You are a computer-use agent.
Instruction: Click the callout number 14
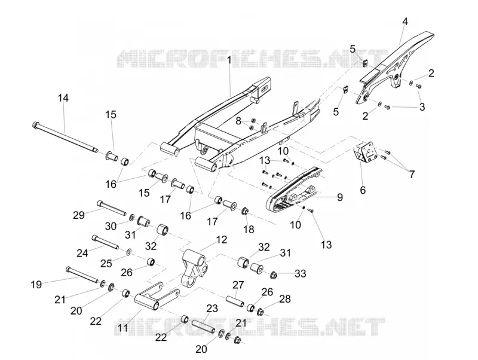[x=63, y=98]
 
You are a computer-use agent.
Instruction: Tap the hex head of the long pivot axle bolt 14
[x=35, y=125]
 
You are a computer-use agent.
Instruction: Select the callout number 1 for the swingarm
[x=229, y=60]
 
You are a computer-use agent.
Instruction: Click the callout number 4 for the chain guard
[x=405, y=22]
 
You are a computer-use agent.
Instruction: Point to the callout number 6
[x=363, y=190]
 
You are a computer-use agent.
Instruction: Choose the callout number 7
[x=412, y=174]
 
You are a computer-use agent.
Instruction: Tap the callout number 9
[x=339, y=197]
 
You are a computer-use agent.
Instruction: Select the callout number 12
[x=222, y=240]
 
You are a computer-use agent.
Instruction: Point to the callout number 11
[x=122, y=328]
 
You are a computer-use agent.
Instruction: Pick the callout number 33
[x=300, y=273]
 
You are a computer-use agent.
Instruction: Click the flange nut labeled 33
[x=274, y=275]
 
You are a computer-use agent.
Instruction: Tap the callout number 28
[x=285, y=299]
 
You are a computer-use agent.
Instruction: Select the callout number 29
[x=79, y=215]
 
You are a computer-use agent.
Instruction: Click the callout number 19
[x=36, y=285]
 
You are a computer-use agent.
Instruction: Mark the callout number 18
[x=249, y=230]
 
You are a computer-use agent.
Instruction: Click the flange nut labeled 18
[x=246, y=211]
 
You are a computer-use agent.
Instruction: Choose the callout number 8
[x=238, y=121]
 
